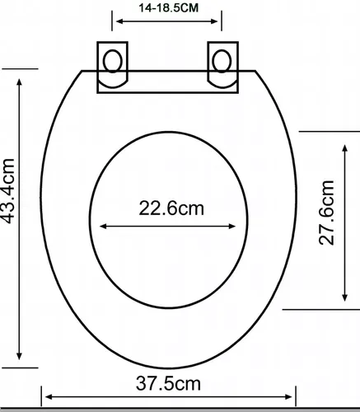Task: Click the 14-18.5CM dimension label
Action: tap(168, 7)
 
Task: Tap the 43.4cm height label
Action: tap(7, 191)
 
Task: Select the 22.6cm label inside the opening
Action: tap(171, 208)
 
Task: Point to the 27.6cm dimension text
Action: tap(327, 213)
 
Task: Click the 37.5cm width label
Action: tap(168, 383)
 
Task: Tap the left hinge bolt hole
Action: tap(113, 61)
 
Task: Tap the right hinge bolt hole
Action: tap(222, 61)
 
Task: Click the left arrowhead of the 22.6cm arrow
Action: tap(103, 227)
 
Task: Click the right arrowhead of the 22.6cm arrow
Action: tap(232, 227)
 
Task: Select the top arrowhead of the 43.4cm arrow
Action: tap(19, 82)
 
